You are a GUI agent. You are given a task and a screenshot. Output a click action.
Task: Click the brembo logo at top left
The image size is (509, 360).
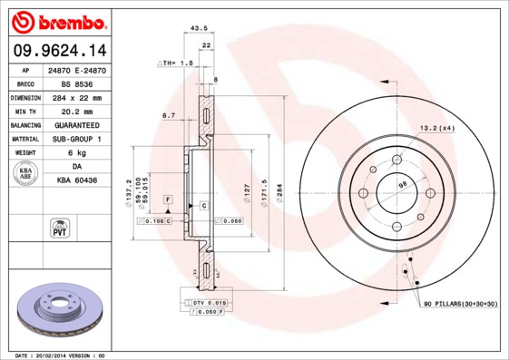(59, 21)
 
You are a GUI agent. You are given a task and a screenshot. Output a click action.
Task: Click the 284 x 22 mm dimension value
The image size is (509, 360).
(77, 97)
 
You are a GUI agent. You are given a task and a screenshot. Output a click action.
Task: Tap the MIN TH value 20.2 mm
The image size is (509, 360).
(77, 111)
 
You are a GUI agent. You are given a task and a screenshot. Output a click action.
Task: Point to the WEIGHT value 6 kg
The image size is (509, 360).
(77, 153)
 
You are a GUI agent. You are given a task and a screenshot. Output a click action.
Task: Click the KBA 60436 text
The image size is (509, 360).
(77, 180)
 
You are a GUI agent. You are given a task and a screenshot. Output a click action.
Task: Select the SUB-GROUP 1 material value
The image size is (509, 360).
(77, 139)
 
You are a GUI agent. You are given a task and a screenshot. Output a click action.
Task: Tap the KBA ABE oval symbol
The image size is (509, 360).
(26, 174)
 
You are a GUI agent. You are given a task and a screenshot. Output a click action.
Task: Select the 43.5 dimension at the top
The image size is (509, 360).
(194, 29)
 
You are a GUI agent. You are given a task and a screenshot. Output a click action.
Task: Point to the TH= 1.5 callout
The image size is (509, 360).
(176, 63)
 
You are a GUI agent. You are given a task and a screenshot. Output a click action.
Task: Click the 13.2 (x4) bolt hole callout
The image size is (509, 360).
(436, 129)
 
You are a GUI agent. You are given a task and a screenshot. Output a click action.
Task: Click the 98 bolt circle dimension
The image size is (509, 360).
(403, 186)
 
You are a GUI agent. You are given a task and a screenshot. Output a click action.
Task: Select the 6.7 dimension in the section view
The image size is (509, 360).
(169, 116)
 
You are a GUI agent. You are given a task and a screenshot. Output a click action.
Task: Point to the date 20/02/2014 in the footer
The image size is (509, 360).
(63, 355)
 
